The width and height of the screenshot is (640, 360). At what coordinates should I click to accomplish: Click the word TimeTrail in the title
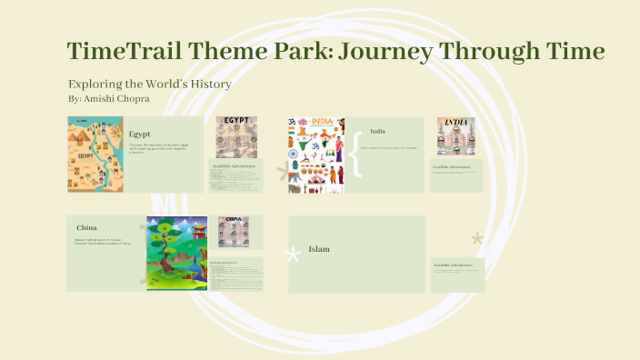[123, 51]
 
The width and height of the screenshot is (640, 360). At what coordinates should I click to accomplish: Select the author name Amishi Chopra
[117, 97]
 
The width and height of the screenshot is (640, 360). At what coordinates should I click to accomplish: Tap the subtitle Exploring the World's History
[150, 84]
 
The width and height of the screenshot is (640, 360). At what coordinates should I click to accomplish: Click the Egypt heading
[139, 134]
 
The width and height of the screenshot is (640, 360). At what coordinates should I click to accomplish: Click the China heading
[87, 227]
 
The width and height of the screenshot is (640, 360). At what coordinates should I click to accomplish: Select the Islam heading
[318, 249]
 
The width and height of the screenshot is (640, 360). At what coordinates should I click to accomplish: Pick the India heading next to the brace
[378, 131]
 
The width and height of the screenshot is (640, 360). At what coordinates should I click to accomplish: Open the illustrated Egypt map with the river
[95, 155]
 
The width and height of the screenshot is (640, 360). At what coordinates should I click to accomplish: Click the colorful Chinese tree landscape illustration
[177, 253]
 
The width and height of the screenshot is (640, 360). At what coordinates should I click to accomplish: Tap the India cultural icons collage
[316, 155]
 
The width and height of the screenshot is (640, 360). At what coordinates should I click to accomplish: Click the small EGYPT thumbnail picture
[235, 136]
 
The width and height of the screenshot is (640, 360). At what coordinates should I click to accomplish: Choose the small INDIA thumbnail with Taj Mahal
[455, 136]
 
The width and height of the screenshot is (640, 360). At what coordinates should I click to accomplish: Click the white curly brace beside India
[355, 155]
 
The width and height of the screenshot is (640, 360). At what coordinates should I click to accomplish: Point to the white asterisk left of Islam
[294, 255]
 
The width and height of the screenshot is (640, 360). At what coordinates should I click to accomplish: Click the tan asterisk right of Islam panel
[476, 240]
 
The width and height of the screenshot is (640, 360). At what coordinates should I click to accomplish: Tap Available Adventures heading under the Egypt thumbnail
[234, 166]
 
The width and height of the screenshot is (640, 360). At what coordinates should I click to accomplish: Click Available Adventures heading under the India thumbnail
[452, 166]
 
